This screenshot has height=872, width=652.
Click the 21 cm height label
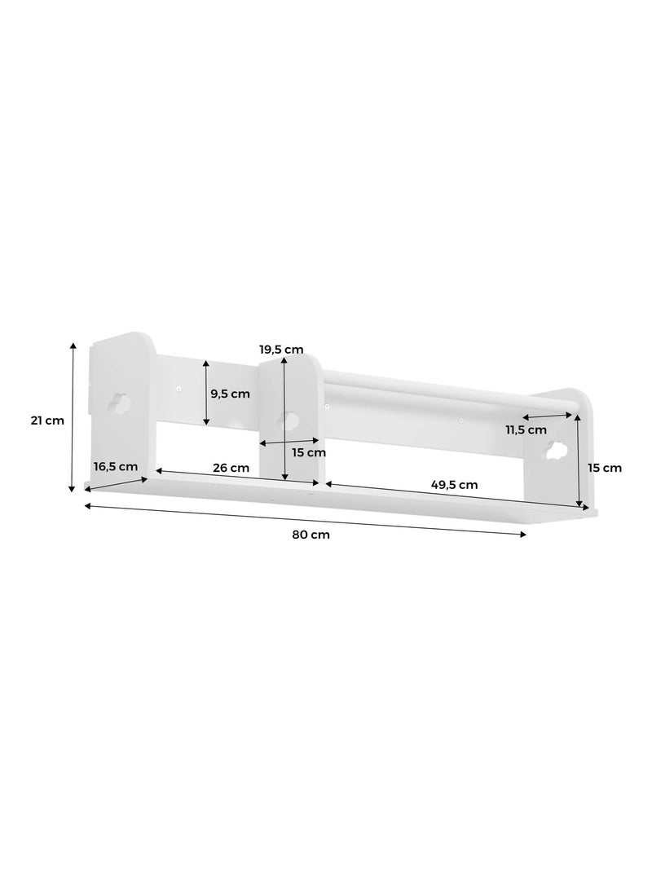[47, 421]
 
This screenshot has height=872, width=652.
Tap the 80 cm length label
[311, 535]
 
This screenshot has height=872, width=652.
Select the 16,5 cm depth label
[115, 467]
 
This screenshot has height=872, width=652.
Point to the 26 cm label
[231, 468]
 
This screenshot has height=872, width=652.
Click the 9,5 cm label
[231, 394]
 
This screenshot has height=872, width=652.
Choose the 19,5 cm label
[281, 350]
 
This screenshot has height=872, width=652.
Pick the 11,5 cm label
[526, 429]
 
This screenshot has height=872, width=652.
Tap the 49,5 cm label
[455, 484]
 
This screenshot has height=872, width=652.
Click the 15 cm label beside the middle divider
[309, 452]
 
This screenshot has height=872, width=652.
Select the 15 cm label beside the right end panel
[605, 468]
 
